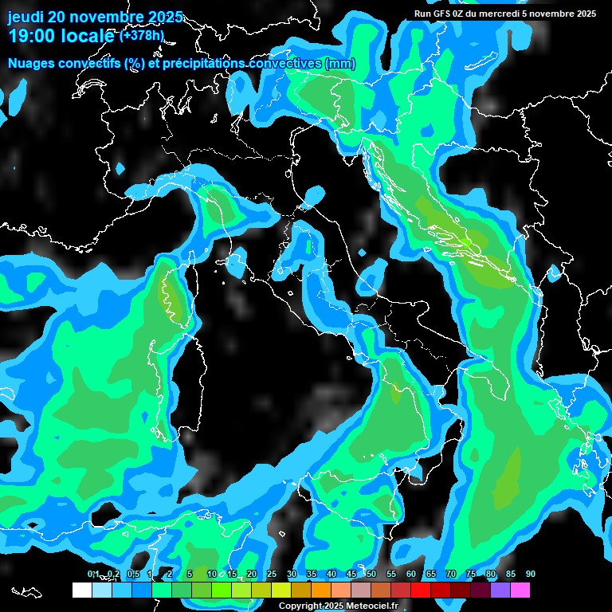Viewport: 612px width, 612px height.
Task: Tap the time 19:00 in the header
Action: tap(31, 36)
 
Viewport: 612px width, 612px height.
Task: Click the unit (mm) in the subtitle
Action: tap(340, 64)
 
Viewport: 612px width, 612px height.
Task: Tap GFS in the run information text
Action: tap(443, 14)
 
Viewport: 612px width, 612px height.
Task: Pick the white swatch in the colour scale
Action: tap(81, 590)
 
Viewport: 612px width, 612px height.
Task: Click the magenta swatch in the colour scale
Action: tap(520, 590)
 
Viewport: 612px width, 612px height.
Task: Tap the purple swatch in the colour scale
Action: tap(500, 590)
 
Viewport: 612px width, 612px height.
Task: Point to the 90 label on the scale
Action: tap(530, 574)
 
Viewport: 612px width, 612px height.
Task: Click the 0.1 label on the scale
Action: tap(92, 574)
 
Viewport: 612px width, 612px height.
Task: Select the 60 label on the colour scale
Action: tap(410, 574)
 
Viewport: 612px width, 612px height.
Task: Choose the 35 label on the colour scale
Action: tap(311, 574)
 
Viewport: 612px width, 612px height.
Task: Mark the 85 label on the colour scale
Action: tap(510, 574)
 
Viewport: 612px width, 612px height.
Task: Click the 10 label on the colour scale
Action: tap(211, 574)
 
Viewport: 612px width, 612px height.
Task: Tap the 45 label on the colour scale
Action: tap(351, 574)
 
